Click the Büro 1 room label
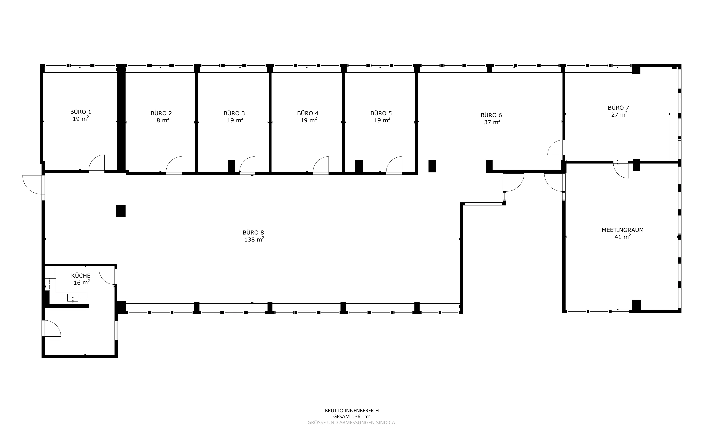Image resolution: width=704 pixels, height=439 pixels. point(80,112)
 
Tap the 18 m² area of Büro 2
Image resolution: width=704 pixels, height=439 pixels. point(161,120)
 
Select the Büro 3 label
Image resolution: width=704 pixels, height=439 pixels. point(234,113)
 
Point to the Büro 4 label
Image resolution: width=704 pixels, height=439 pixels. point(308,113)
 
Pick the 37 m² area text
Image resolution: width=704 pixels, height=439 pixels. point(492,122)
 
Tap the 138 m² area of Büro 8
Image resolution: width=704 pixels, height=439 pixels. point(254,239)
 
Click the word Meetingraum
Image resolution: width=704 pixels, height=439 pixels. point(623,230)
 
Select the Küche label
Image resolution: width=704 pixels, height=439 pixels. point(81,275)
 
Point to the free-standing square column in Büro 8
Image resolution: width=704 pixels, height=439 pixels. point(121,211)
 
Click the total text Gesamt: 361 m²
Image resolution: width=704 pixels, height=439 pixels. point(352,416)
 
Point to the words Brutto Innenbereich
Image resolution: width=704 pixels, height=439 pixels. point(352,411)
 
